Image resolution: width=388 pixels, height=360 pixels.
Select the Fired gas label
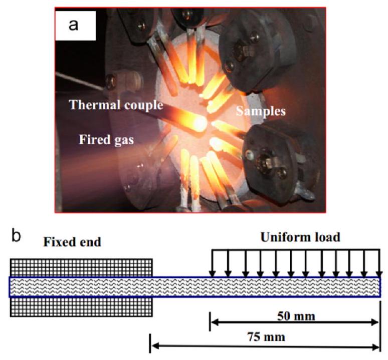(106, 140)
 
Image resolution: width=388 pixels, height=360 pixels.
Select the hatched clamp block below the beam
(81, 306)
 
